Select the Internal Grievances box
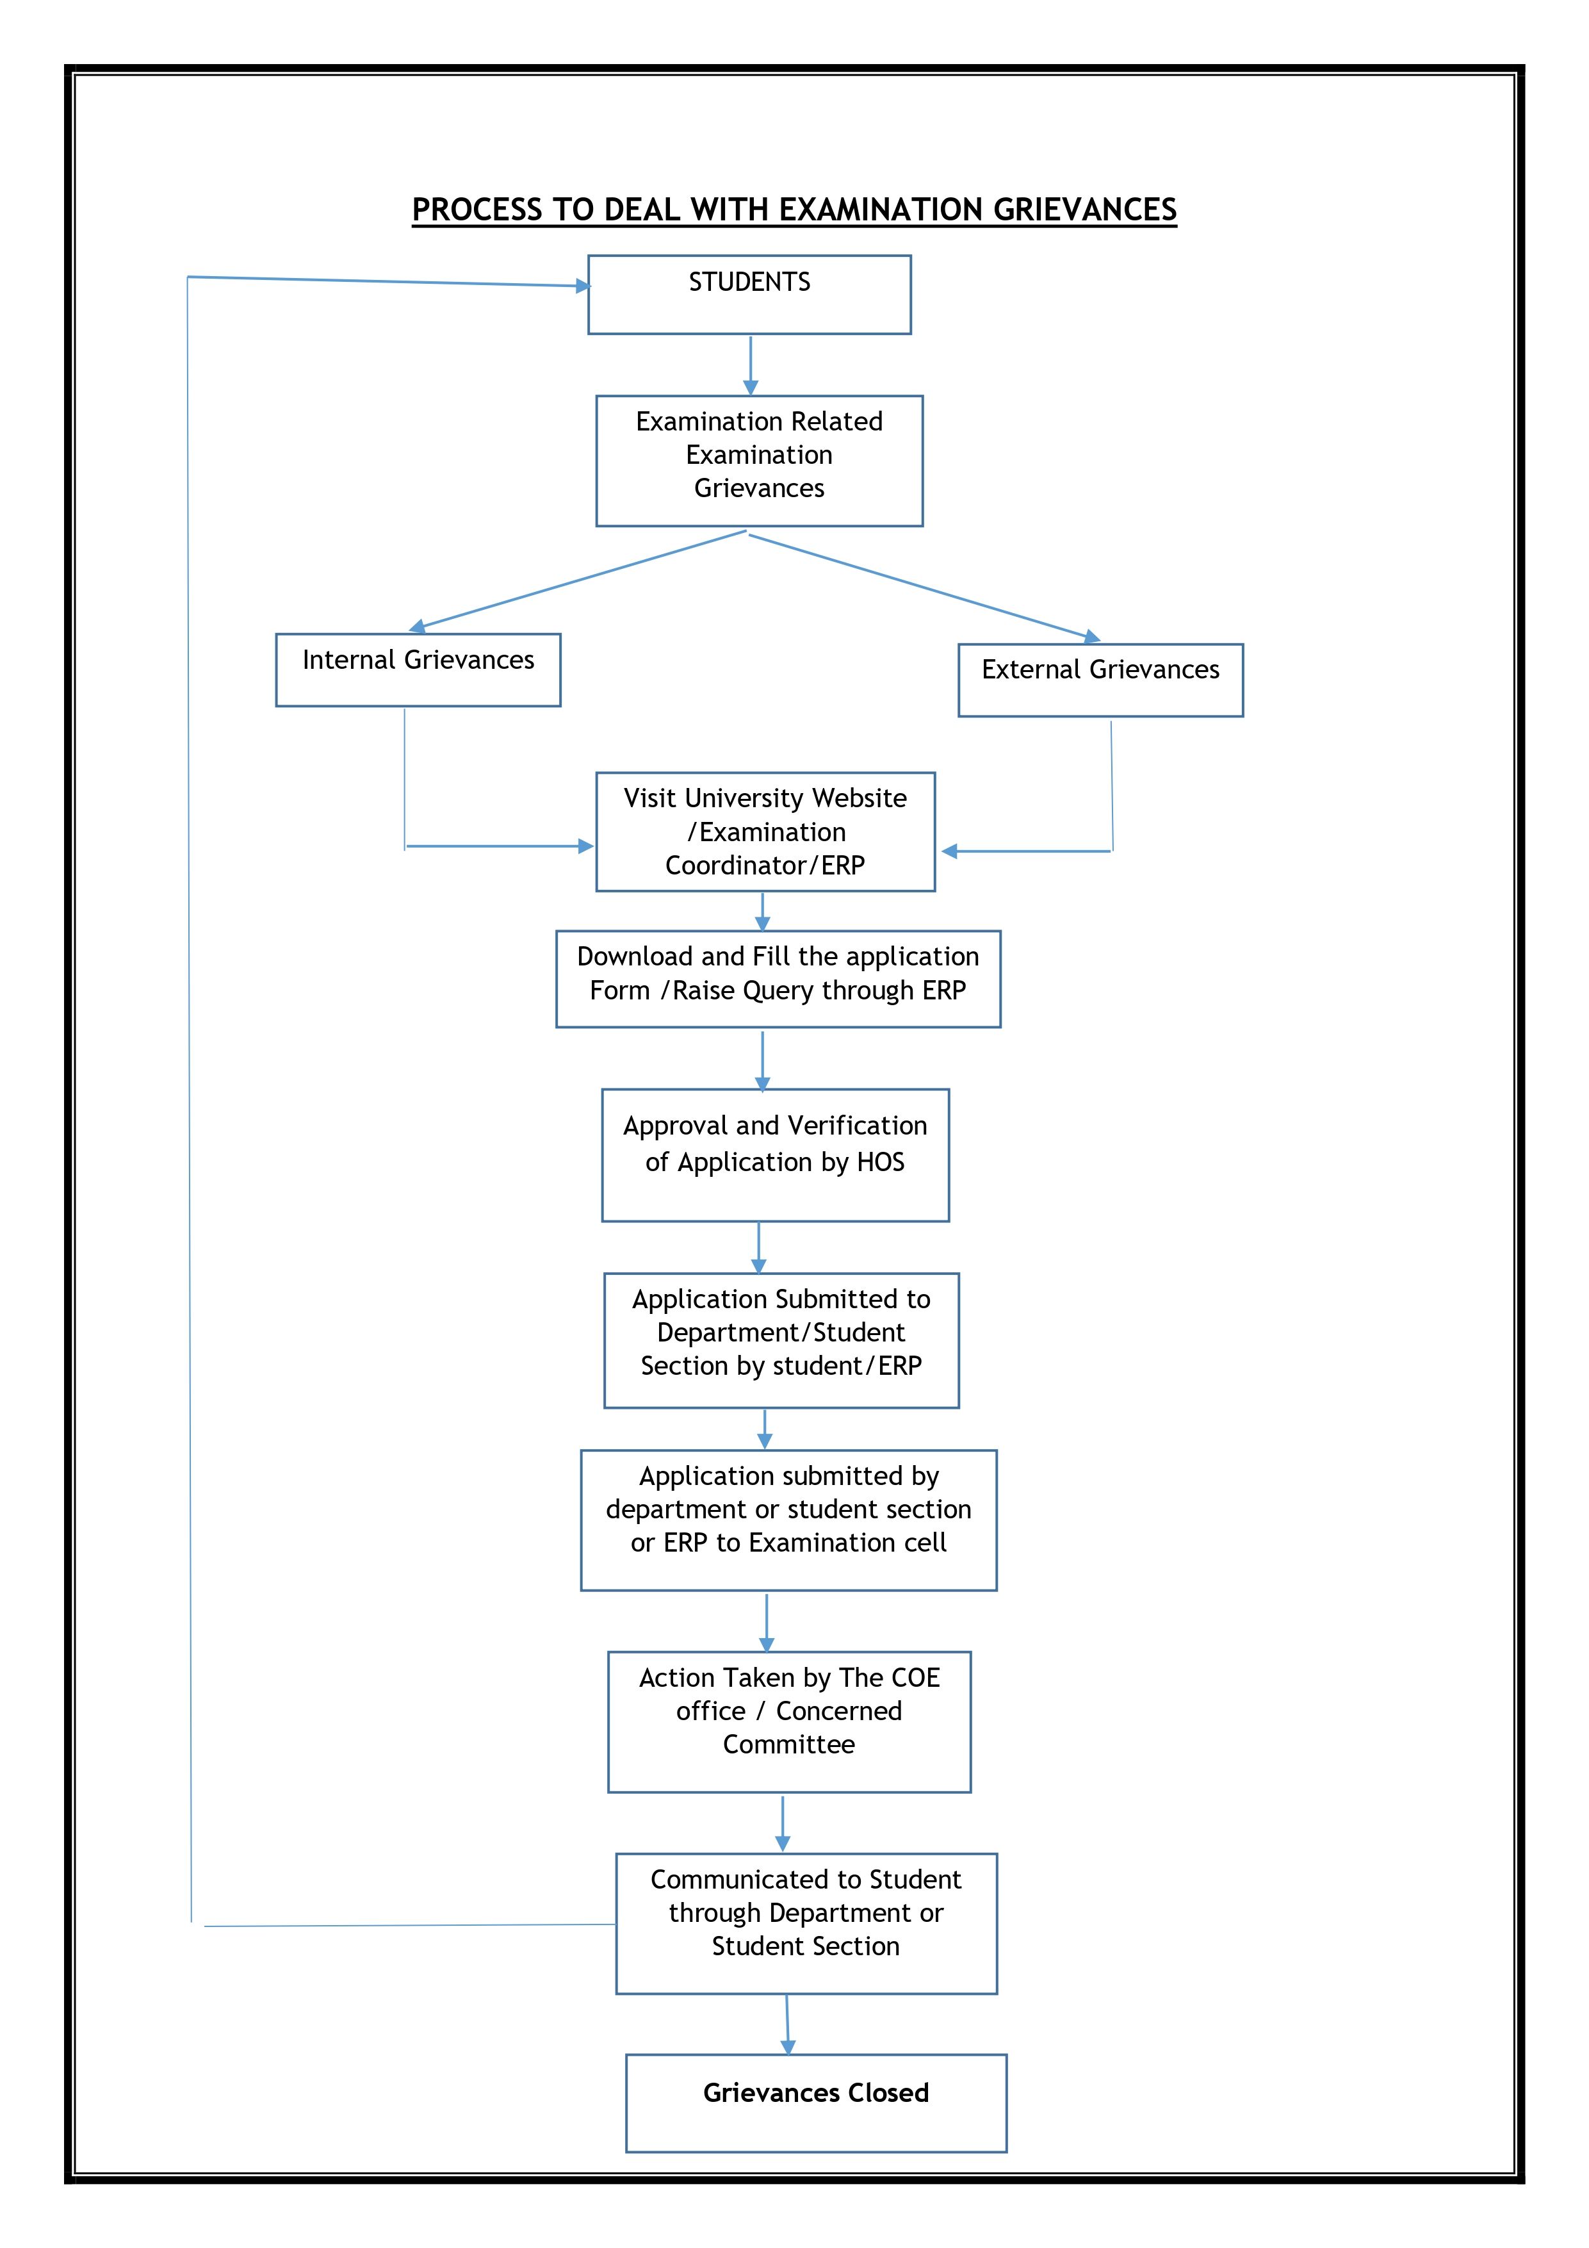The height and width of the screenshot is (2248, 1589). (418, 669)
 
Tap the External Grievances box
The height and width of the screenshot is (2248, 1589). (1100, 680)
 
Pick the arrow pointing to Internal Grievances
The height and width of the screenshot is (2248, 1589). (578, 580)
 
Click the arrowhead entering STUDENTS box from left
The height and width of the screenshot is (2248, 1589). (583, 286)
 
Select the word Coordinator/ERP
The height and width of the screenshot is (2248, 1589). (765, 866)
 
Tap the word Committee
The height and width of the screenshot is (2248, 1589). (789, 1744)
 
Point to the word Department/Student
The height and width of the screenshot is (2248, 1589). (781, 1333)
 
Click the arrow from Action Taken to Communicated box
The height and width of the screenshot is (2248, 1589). (782, 1823)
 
